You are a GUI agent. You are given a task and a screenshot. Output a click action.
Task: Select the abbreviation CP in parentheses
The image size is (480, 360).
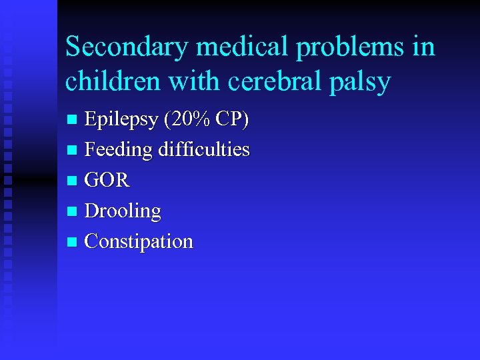(233, 119)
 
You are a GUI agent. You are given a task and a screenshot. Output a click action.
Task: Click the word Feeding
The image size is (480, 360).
(119, 150)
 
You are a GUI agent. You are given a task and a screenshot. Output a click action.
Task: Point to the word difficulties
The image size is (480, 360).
(203, 149)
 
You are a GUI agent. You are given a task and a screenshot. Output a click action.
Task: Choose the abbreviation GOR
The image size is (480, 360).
(107, 180)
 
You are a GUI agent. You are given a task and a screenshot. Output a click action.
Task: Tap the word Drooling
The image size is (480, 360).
(123, 211)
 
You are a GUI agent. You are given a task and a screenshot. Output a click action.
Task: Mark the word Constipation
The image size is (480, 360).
(139, 241)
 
